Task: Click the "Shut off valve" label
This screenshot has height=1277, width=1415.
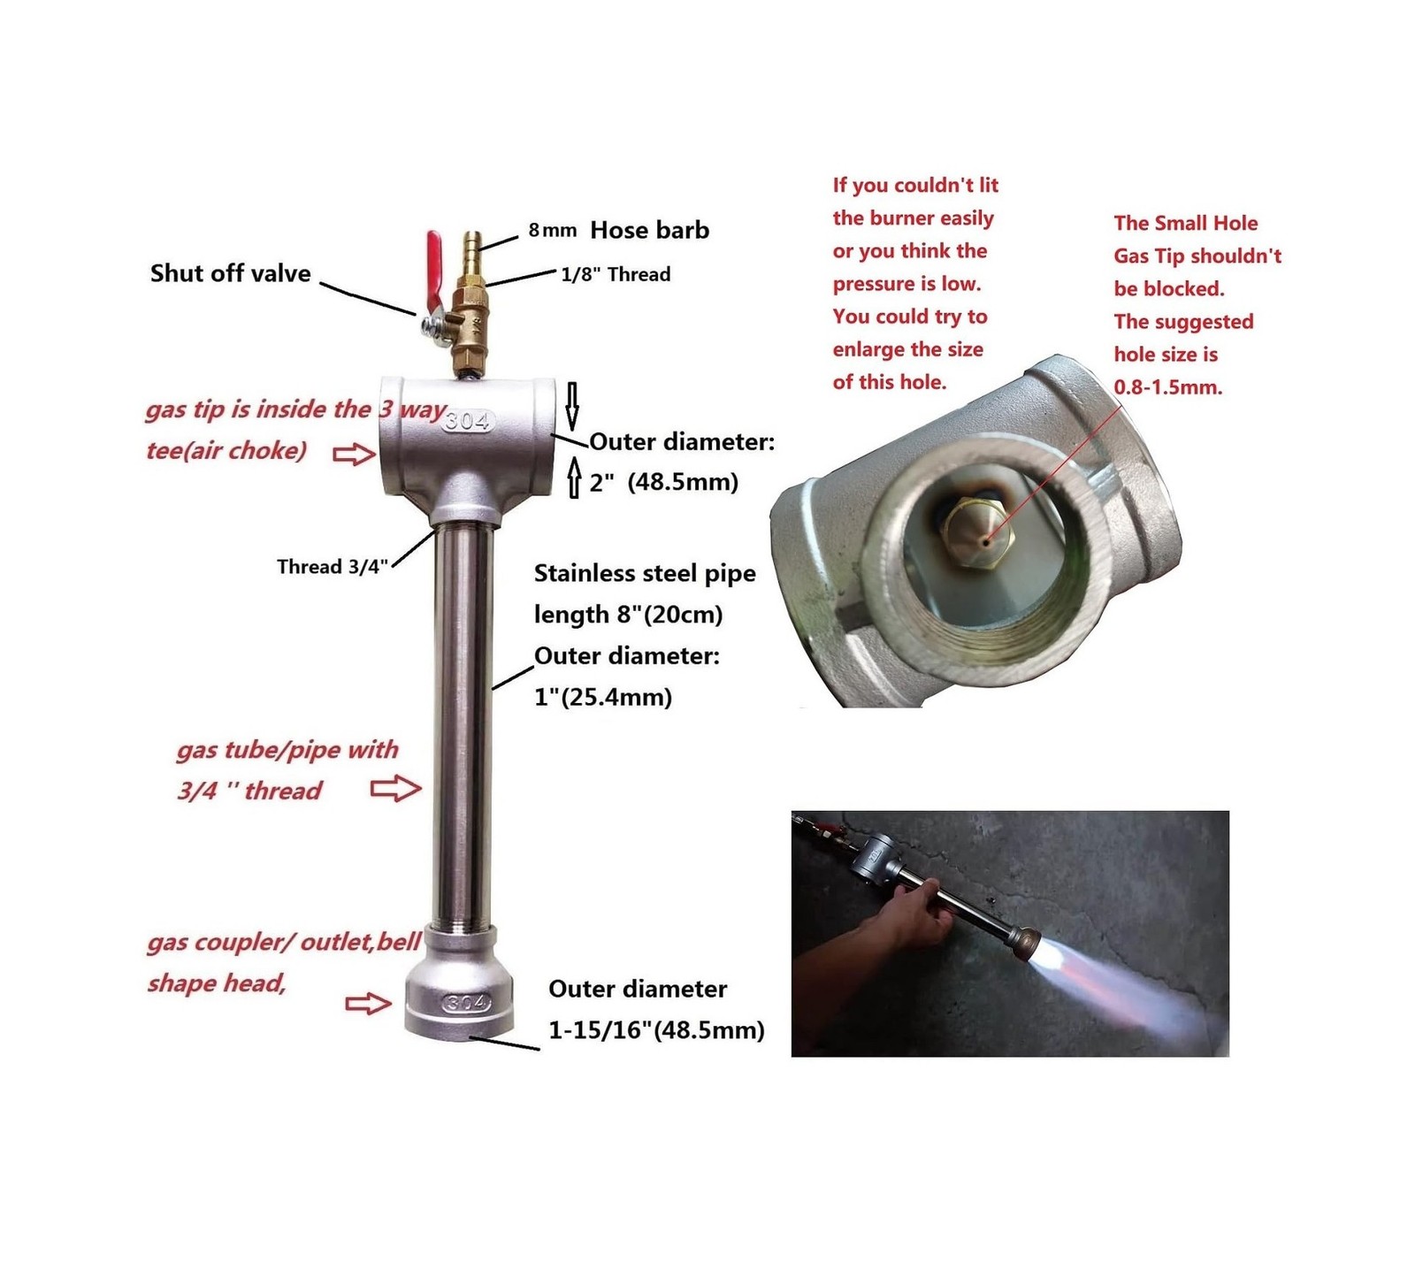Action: [x=230, y=273]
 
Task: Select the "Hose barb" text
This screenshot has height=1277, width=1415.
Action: [x=649, y=230]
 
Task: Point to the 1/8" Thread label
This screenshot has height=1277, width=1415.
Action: [x=616, y=274]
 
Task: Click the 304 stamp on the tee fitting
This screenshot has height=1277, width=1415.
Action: [x=467, y=421]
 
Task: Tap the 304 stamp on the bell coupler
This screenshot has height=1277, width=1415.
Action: [x=465, y=1003]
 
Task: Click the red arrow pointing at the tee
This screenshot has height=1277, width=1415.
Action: [x=354, y=455]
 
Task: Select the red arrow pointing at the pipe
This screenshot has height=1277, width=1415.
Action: [x=394, y=788]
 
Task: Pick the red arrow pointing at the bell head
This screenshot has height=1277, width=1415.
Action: [x=368, y=1003]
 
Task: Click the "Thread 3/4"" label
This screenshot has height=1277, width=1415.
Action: [x=333, y=567]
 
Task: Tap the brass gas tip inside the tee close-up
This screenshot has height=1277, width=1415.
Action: [x=974, y=528]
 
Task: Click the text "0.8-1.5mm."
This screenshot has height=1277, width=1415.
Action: [x=1168, y=387]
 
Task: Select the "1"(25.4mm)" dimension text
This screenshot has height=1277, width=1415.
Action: [x=603, y=697]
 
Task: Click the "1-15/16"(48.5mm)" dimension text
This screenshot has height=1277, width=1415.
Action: [x=656, y=1030]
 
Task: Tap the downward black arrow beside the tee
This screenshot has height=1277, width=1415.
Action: [x=572, y=406]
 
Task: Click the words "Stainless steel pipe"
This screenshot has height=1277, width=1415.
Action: [x=645, y=574]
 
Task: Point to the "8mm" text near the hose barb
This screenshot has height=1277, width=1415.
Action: [x=553, y=230]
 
